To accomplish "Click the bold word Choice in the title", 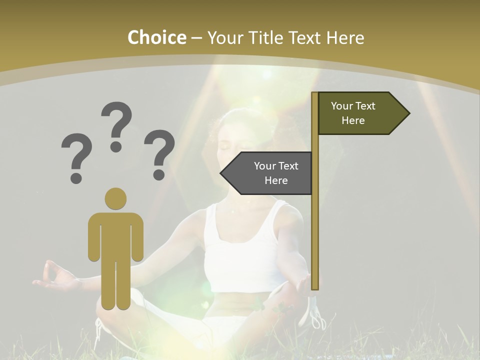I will (156, 37).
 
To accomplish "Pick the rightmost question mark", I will (159, 154).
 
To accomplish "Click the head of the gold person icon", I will (115, 198).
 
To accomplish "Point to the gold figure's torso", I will (115, 235).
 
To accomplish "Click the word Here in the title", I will (345, 37).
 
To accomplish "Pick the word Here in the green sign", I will (353, 120).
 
